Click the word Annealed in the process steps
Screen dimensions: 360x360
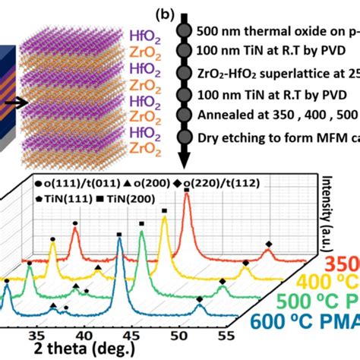pyautogui.click(x=221, y=117)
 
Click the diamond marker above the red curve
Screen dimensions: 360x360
pyautogui.click(x=268, y=244)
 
